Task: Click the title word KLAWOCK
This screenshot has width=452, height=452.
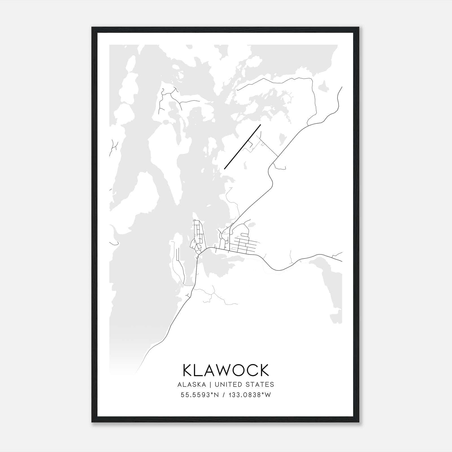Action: tap(226, 370)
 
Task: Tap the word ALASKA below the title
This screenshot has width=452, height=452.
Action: tap(194, 384)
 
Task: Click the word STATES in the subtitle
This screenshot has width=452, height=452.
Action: tap(264, 384)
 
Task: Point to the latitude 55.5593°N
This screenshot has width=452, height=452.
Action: tap(200, 395)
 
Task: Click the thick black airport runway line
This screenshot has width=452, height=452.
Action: tap(242, 147)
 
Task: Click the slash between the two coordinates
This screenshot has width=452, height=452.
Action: tap(224, 395)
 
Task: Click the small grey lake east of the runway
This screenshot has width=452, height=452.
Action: tap(282, 139)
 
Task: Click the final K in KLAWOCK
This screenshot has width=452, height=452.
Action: tap(264, 370)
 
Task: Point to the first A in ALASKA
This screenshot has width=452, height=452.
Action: tap(179, 384)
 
